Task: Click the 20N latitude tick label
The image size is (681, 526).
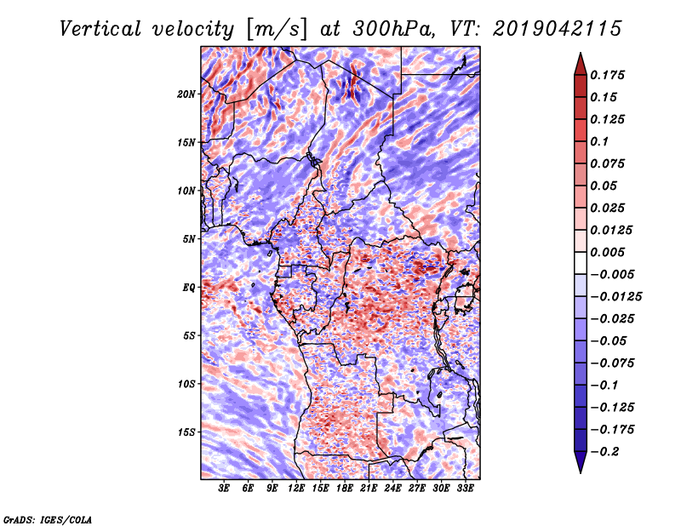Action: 186,94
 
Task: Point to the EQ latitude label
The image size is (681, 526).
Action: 189,288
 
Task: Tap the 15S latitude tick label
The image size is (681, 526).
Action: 186,432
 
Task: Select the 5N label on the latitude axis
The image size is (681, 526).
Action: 189,239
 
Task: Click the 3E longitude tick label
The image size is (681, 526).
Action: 224,488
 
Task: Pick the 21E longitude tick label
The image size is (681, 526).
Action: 369,488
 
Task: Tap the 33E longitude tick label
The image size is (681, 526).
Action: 465,488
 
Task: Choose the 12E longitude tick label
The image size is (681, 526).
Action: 295,488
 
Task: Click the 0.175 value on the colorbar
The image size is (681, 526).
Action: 607,75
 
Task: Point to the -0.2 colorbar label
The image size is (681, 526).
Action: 604,452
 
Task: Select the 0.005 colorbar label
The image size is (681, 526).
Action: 607,252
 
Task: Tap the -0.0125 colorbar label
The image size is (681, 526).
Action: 615,297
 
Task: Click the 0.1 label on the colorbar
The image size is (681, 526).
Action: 599,141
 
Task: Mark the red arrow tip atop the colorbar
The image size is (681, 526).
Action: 581,53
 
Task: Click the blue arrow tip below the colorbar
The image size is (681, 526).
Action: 581,472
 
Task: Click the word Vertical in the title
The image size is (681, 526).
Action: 100,29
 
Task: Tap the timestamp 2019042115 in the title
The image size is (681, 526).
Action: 558,29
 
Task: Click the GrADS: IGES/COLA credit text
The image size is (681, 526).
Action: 48,519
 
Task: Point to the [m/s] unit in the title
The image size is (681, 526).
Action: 277,29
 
